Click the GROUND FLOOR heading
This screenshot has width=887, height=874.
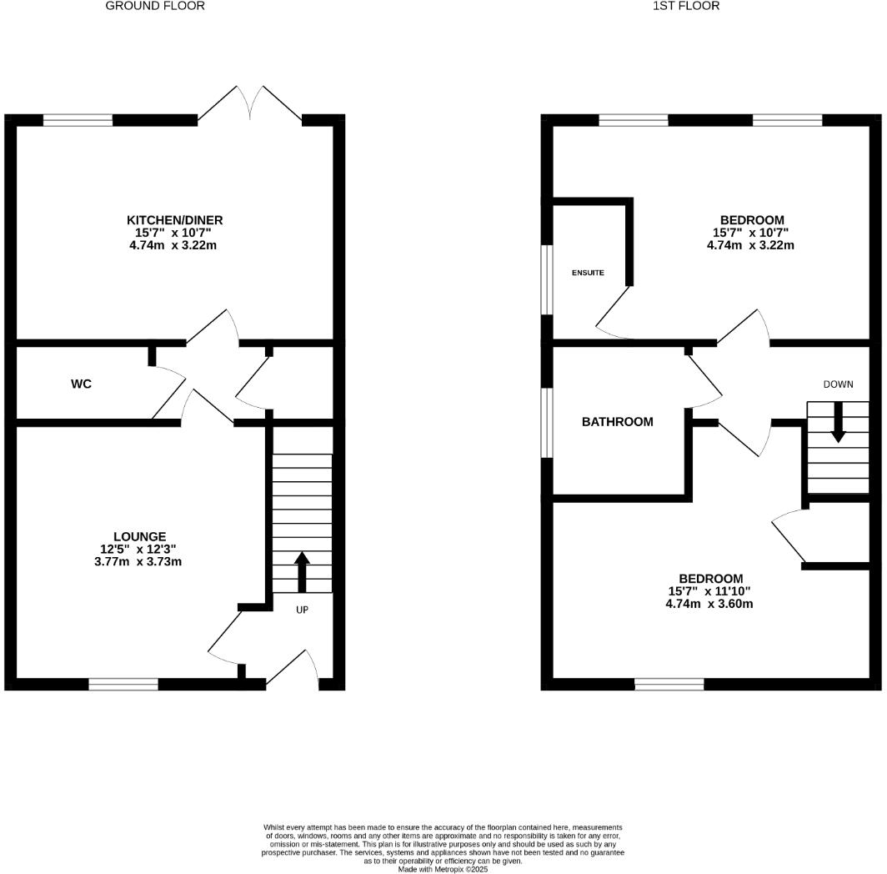click(x=155, y=6)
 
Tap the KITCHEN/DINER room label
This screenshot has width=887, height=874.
click(x=174, y=220)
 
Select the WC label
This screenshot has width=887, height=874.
click(x=81, y=384)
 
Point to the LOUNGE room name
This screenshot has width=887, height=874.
click(x=140, y=536)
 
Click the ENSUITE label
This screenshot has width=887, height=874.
click(x=588, y=274)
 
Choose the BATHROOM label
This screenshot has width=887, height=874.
click(x=617, y=422)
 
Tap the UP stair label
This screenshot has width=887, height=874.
click(x=302, y=610)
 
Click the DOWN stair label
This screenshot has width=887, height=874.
click(x=838, y=384)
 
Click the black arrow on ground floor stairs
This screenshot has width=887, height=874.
click(x=302, y=571)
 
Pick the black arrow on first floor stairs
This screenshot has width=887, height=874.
click(x=838, y=422)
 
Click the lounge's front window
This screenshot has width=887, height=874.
click(x=123, y=685)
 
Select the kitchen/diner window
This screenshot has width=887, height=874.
click(x=78, y=120)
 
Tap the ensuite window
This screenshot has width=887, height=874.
click(x=547, y=279)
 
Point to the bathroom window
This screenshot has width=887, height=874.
click(x=547, y=422)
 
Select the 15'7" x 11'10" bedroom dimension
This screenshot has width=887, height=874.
click(x=710, y=591)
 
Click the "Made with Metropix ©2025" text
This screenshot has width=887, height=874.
click(x=443, y=869)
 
